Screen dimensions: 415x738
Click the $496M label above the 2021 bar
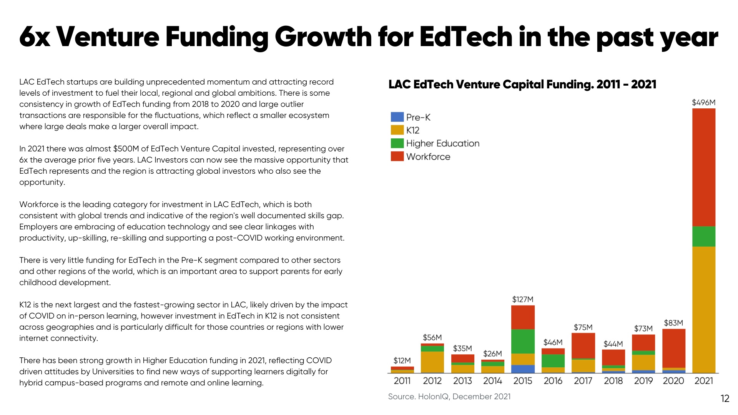(x=703, y=103)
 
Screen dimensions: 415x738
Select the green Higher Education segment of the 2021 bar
(x=703, y=236)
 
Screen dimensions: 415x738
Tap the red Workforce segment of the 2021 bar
(x=703, y=167)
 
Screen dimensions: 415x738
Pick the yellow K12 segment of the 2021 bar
(x=703, y=309)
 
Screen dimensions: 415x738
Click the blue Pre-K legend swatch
(x=397, y=117)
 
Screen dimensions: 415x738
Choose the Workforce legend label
(x=428, y=157)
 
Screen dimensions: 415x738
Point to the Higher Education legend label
(x=442, y=143)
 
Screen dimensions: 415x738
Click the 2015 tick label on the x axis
(x=523, y=381)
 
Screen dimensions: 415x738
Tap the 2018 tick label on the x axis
(x=613, y=381)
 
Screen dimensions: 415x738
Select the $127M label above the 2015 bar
(x=523, y=299)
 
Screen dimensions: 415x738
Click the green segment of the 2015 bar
(x=523, y=341)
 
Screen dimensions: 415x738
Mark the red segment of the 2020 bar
(x=673, y=348)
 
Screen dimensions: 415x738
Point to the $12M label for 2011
(x=402, y=360)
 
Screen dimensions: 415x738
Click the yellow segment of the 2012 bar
(x=432, y=362)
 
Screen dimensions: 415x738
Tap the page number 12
(x=725, y=398)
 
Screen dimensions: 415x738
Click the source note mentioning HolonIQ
(x=449, y=397)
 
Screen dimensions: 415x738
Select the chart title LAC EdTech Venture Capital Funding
(x=522, y=84)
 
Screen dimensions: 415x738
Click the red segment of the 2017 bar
(x=583, y=345)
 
